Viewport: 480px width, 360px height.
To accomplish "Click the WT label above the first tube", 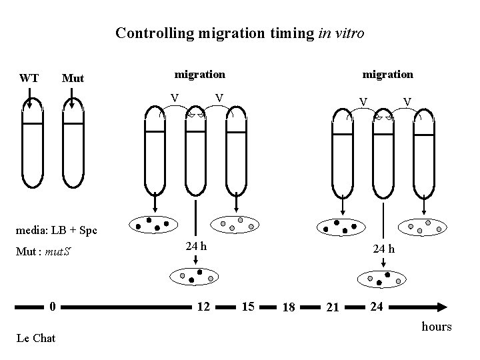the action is pyautogui.click(x=29, y=78).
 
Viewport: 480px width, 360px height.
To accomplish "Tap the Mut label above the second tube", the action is pyautogui.click(x=73, y=79).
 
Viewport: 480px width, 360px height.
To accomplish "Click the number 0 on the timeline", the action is pyautogui.click(x=53, y=307).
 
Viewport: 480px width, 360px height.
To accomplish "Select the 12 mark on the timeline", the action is pyautogui.click(x=203, y=307).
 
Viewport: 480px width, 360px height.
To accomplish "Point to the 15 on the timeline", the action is pyautogui.click(x=248, y=307).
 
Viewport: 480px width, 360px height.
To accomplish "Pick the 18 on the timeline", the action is pyautogui.click(x=289, y=307).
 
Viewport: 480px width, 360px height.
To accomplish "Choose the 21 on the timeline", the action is pyautogui.click(x=333, y=307).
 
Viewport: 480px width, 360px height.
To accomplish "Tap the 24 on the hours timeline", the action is pyautogui.click(x=377, y=307).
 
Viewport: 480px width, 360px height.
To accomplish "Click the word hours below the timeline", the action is pyautogui.click(x=437, y=327).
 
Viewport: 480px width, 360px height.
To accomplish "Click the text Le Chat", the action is pyautogui.click(x=36, y=338).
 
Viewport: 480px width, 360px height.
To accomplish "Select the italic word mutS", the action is pyautogui.click(x=58, y=251).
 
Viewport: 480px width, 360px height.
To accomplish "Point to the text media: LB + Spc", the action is pyautogui.click(x=56, y=230).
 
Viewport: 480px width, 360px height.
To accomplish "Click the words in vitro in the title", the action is pyautogui.click(x=341, y=33).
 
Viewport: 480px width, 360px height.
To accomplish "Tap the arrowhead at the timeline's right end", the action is pyautogui.click(x=442, y=307).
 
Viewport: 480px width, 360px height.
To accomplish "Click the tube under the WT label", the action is pyautogui.click(x=33, y=143).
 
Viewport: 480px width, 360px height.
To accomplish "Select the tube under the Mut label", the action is pyautogui.click(x=73, y=143).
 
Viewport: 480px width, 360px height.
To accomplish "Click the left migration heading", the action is pyautogui.click(x=199, y=75).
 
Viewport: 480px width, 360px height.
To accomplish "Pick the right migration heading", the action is pyautogui.click(x=387, y=75).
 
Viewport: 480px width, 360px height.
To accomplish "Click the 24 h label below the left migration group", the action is pyautogui.click(x=196, y=246).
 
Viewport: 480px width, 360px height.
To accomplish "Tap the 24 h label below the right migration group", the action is pyautogui.click(x=383, y=249).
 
